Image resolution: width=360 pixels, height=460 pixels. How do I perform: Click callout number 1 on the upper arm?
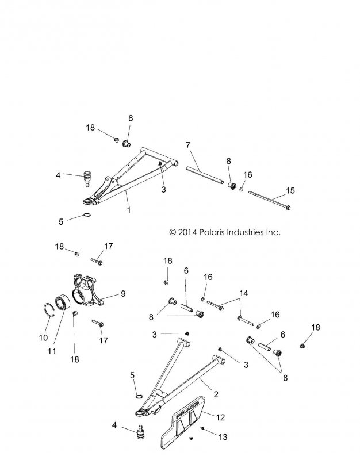click(x=128, y=210)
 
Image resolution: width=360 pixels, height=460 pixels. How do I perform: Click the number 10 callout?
click(x=43, y=338)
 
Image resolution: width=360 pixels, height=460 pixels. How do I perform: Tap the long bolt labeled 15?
click(x=270, y=200)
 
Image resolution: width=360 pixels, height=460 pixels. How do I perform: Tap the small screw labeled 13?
click(x=203, y=429)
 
